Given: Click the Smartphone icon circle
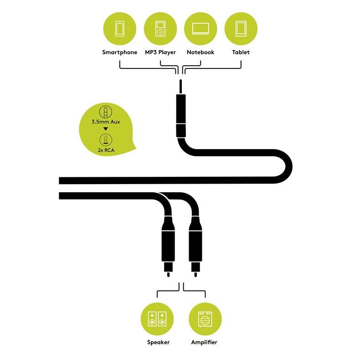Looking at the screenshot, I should pyautogui.click(x=119, y=28).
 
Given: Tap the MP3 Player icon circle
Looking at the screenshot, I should pyautogui.click(x=160, y=28).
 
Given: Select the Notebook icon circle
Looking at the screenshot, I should pyautogui.click(x=201, y=28).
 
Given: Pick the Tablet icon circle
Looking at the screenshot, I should pyautogui.click(x=241, y=28).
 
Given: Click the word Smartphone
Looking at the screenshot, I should pyautogui.click(x=119, y=52).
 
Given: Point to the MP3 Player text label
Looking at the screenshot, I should pyautogui.click(x=160, y=52).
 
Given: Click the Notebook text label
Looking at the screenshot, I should pyautogui.click(x=201, y=52).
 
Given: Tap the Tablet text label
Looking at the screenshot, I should pyautogui.click(x=241, y=52).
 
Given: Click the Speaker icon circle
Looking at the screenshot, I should pyautogui.click(x=157, y=319).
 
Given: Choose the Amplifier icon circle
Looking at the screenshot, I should pyautogui.click(x=205, y=319).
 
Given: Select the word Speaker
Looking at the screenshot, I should pyautogui.click(x=158, y=342).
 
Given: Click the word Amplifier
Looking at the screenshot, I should pyautogui.click(x=205, y=342).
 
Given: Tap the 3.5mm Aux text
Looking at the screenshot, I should pyautogui.click(x=105, y=122).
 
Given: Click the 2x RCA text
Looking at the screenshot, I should pyautogui.click(x=105, y=149).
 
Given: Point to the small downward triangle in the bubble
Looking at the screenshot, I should pyautogui.click(x=105, y=129).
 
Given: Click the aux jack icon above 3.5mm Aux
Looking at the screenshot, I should pyautogui.click(x=105, y=112).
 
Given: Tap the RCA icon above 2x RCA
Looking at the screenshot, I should pyautogui.click(x=105, y=139).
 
